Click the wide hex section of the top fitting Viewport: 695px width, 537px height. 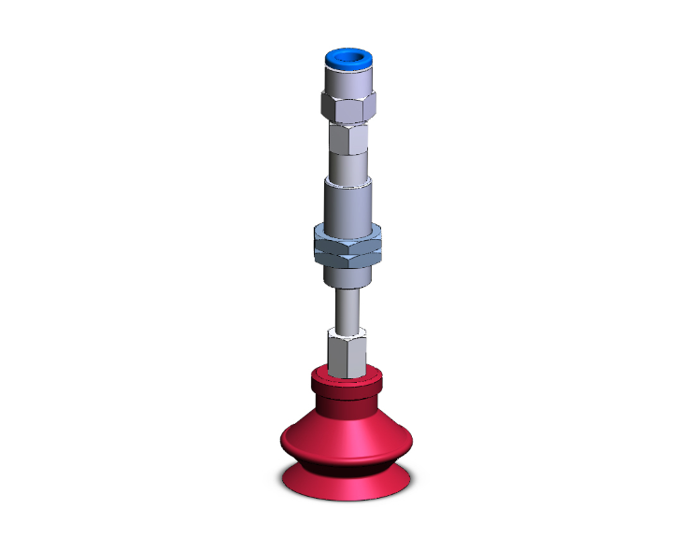pos(347,106)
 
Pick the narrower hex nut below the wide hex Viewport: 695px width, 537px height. pos(347,142)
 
